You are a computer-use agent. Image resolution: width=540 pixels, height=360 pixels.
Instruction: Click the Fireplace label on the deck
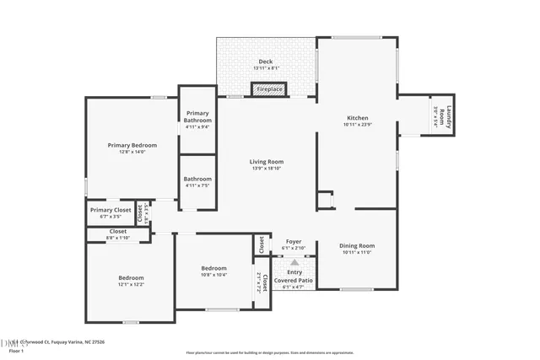[270, 89]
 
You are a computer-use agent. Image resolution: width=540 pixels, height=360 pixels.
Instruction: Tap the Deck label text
[265, 62]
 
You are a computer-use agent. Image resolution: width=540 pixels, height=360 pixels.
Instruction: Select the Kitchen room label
[358, 118]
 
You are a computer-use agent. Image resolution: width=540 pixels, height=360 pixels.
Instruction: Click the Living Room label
[266, 162]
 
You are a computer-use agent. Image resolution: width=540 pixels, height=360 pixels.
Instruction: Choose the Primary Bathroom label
[197, 117]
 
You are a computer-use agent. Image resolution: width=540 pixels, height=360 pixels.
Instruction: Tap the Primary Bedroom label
[132, 145]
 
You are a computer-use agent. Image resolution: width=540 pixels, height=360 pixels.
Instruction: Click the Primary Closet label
[111, 210]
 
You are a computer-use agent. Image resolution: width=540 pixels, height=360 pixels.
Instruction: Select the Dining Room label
[358, 245]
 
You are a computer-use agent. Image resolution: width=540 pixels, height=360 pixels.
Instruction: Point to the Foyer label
[294, 241]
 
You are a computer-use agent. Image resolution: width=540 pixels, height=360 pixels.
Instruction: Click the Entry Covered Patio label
[294, 276]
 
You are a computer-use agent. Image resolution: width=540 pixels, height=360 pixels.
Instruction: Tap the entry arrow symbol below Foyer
[294, 261]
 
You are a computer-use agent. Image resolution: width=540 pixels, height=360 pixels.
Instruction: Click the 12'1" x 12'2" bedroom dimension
[131, 285]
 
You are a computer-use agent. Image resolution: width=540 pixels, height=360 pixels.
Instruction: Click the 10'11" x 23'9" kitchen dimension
[358, 125]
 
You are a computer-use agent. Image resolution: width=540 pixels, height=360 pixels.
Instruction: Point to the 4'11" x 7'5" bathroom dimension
[197, 185]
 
